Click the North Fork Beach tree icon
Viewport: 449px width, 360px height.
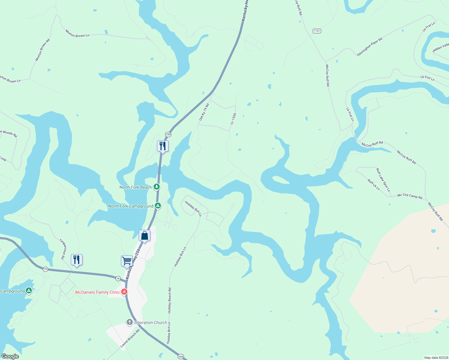pos(156,187)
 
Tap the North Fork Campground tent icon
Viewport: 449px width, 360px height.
pos(158,206)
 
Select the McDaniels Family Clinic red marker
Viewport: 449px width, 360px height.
pos(124,292)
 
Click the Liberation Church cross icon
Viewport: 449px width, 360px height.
pos(130,322)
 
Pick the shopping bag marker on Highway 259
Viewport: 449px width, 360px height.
pos(144,235)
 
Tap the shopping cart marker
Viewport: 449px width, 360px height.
pos(127,261)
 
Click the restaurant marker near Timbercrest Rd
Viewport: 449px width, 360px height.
pos(77,260)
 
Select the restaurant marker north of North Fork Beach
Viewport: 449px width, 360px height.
pos(163,146)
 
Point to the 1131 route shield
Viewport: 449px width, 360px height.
pos(317,31)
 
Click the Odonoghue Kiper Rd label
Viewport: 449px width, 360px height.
pos(369,47)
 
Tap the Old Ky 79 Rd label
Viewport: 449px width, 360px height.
pos(204,112)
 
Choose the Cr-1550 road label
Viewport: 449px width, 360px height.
pos(233,119)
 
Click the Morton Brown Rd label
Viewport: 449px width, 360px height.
pos(43,50)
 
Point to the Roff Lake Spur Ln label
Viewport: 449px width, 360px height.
pos(383,180)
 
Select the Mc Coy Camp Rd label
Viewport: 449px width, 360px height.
pos(410,196)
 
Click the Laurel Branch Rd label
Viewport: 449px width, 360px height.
pos(130,338)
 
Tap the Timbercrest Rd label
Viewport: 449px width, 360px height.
pos(62,249)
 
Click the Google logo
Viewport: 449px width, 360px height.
pos(10,356)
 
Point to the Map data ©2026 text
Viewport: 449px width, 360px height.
pos(436,358)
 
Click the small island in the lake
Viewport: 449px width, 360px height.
pos(280,179)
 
